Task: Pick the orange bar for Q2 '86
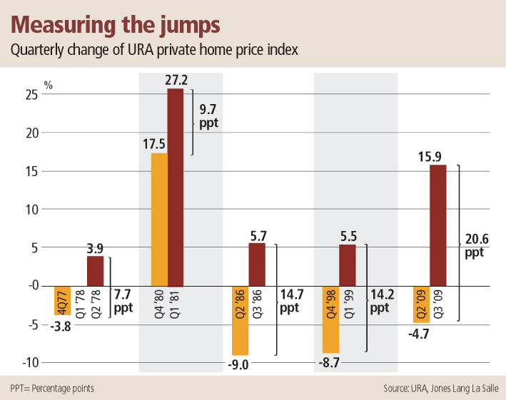[x=240, y=320]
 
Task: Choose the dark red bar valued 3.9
[x=95, y=270]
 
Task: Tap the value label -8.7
[x=331, y=362]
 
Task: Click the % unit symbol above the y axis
[x=49, y=83]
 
